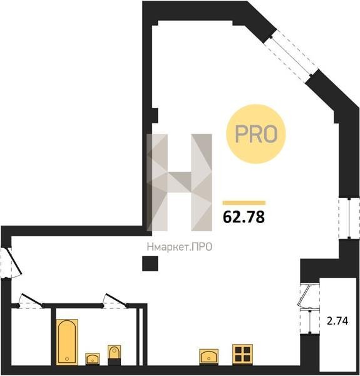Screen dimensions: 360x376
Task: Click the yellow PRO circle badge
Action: pos(256,134)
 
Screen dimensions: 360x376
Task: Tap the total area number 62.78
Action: pos(244,217)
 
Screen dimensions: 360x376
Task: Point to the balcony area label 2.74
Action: pos(337,321)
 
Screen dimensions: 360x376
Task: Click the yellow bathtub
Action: pos(67,342)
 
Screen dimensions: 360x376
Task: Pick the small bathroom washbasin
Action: pos(93,358)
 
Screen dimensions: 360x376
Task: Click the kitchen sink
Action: pos(208,357)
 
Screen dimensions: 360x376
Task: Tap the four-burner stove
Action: pos(242,355)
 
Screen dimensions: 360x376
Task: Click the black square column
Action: pos(150,264)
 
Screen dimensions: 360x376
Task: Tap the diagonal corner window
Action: pos(291,56)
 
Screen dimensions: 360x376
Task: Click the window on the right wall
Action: pos(349,218)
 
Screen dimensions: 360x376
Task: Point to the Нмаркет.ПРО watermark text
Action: pos(180,247)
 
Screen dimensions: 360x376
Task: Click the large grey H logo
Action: pos(180,182)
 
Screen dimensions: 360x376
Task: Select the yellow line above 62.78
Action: pos(244,203)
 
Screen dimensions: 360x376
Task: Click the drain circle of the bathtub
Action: pos(67,358)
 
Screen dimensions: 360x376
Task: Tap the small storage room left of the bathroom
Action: pos(31,337)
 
